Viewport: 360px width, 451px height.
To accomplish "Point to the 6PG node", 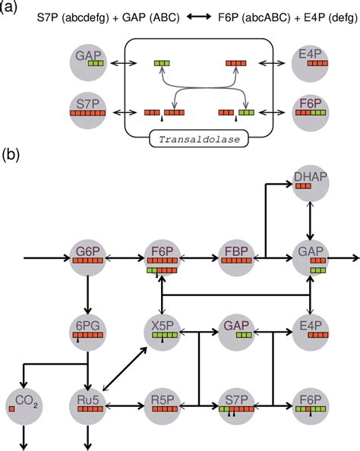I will click(88, 332).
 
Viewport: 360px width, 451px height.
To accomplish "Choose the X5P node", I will click(161, 332).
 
